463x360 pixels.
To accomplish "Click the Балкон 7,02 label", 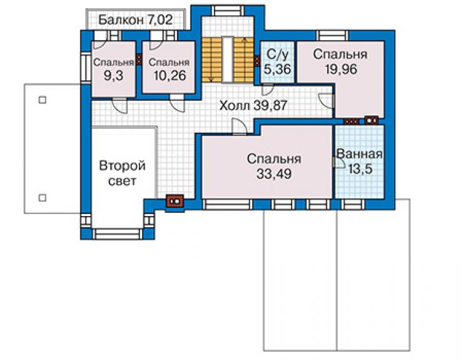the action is (x=135, y=20).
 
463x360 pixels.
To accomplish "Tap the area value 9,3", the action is (x=113, y=76).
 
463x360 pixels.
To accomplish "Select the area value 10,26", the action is (x=170, y=76).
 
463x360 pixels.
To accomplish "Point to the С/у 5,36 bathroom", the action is (x=278, y=61).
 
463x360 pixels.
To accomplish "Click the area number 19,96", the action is (x=341, y=69).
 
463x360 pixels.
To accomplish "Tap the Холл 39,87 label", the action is (x=253, y=105).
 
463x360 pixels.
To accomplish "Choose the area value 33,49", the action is (x=274, y=173).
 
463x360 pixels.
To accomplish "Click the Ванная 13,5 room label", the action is (x=360, y=162).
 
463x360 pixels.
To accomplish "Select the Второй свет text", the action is (x=122, y=173).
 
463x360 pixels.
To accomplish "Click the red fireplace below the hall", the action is (x=175, y=201).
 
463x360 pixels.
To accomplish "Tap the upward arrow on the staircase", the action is (x=244, y=59).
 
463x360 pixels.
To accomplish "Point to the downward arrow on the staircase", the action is (x=211, y=59).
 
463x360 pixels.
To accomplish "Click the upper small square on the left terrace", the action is (x=43, y=100).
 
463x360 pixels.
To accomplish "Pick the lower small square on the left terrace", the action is (x=43, y=197).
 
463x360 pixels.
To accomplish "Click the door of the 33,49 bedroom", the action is (x=239, y=126).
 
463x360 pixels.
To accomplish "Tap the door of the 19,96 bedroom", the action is (x=327, y=101).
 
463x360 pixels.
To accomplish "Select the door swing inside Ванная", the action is (x=338, y=162).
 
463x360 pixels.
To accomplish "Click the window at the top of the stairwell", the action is (x=228, y=11).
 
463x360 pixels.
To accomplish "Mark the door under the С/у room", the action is (x=268, y=90).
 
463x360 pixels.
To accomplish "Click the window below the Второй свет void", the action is (x=118, y=234).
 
